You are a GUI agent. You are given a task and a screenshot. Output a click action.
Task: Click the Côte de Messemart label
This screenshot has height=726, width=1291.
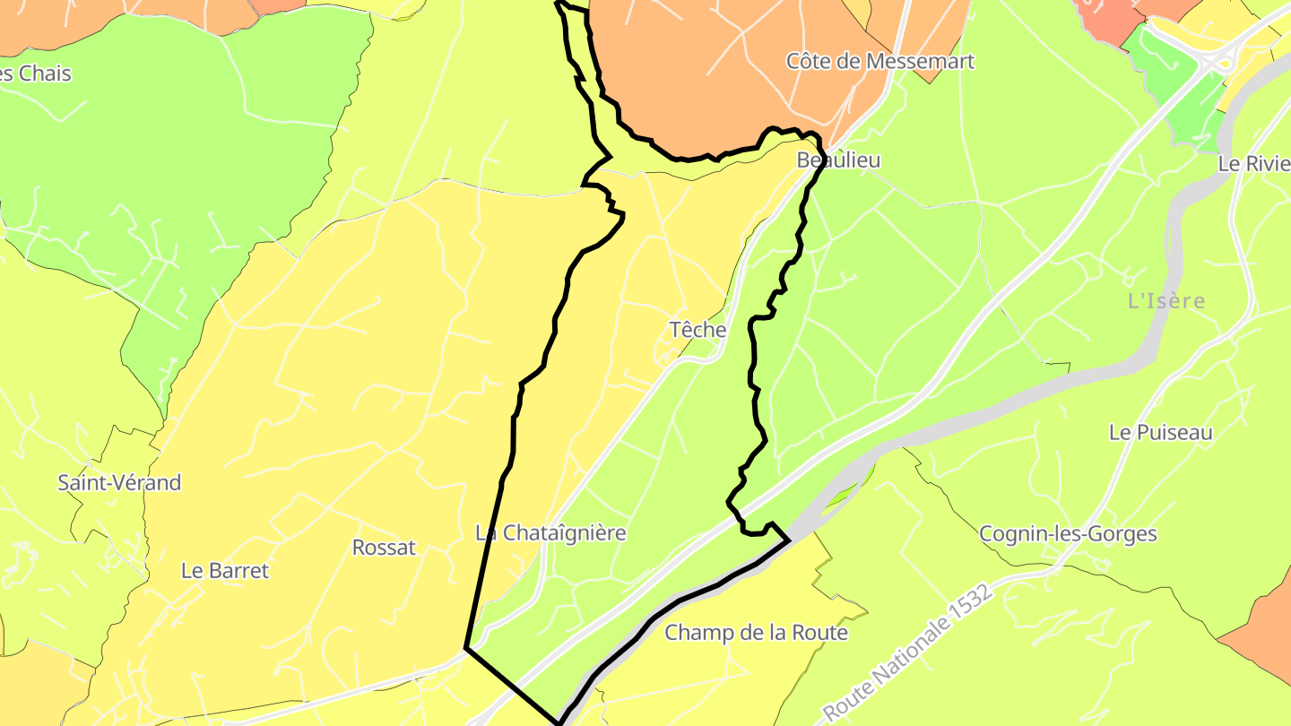coord(879,61)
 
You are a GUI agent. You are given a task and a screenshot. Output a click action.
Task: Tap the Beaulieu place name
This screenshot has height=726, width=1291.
coord(838,160)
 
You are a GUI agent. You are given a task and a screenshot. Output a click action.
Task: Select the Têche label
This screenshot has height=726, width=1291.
coord(697,330)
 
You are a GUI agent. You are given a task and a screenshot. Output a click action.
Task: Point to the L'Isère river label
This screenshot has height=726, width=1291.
coord(1166,301)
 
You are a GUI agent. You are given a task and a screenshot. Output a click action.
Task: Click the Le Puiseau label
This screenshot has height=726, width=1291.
coord(1160,432)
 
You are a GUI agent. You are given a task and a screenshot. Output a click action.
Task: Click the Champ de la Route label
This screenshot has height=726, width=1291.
coord(756,633)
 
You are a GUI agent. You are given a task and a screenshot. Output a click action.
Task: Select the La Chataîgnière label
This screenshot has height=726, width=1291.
coord(550,532)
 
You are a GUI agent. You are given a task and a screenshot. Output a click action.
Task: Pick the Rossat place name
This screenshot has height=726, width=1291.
coord(384,548)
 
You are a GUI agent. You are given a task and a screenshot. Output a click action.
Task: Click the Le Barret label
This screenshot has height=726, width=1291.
coord(224,570)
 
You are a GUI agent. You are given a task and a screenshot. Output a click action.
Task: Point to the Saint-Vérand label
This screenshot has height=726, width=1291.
coord(119,482)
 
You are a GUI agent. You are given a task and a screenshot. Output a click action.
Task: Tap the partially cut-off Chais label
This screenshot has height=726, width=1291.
coord(36,73)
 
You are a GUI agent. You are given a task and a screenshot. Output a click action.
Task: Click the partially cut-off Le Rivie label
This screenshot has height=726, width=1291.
coord(1253,164)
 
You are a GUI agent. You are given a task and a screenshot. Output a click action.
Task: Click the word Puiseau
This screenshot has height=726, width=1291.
coord(1174,432)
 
